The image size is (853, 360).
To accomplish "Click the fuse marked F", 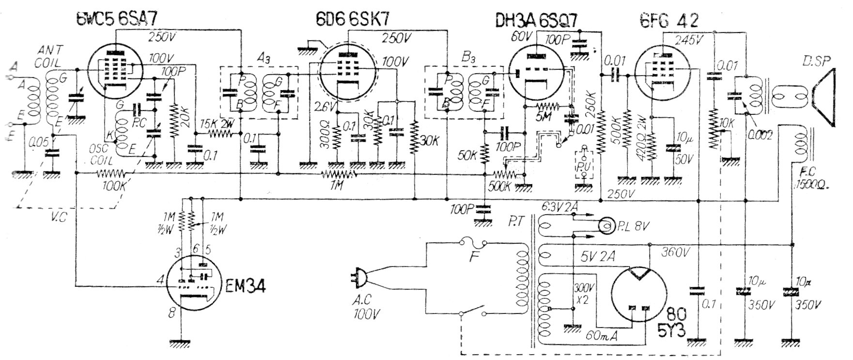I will point(473,242).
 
